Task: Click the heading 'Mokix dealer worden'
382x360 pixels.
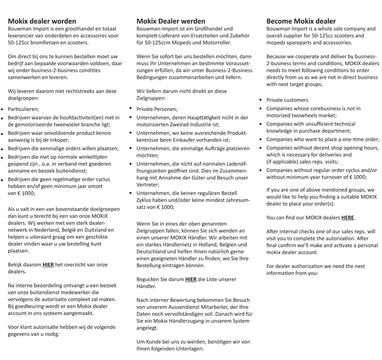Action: [x=42, y=21]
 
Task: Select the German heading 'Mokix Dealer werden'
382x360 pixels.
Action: [x=171, y=21]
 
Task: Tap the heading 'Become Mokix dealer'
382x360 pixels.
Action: [x=301, y=21]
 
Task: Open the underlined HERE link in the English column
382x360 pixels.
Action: [x=347, y=218]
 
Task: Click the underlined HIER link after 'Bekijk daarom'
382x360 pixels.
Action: [x=48, y=265]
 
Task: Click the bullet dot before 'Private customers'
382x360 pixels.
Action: [x=261, y=100]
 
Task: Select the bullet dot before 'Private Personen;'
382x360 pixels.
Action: [x=131, y=108]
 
